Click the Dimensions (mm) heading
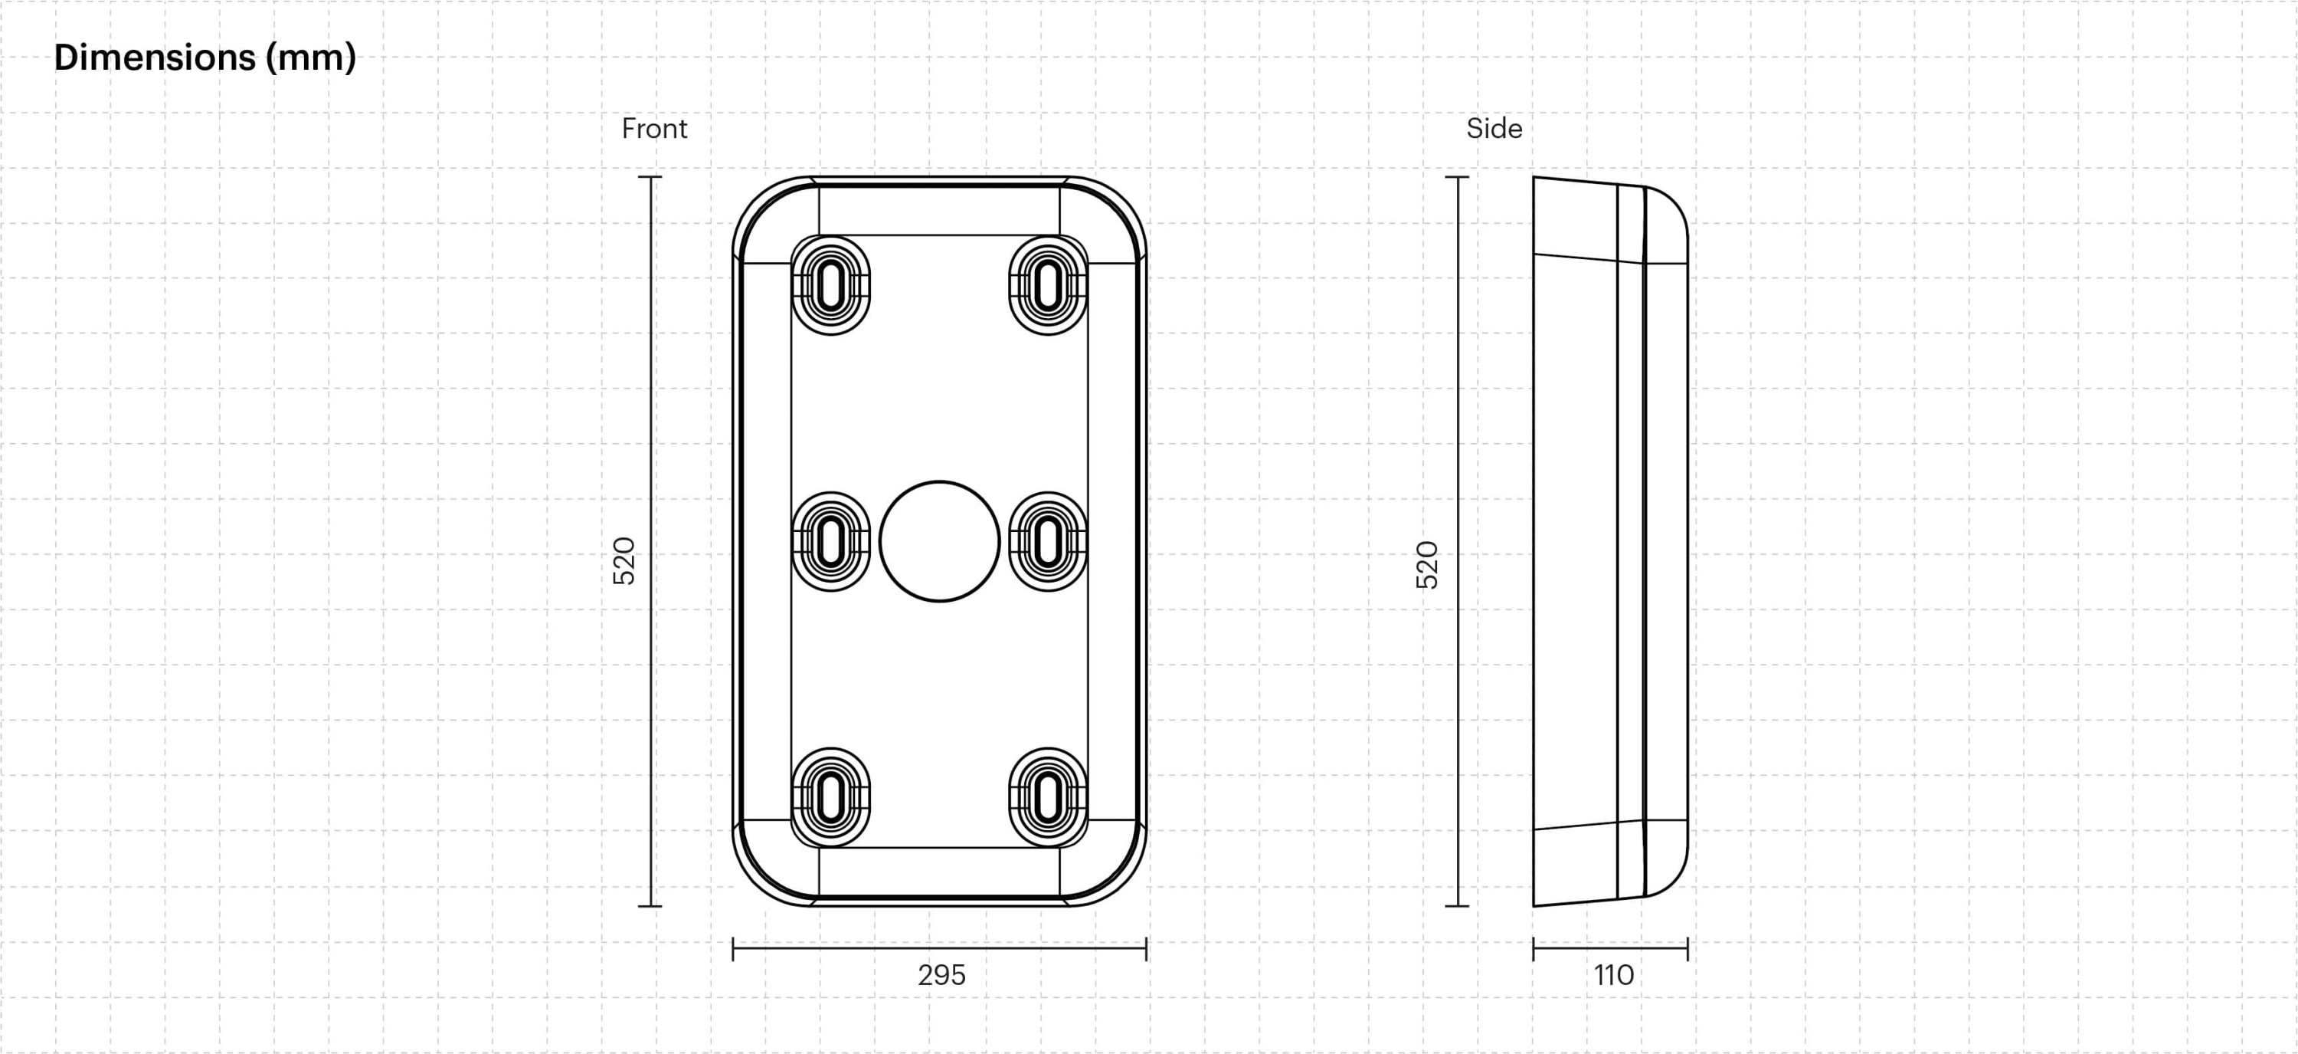[x=205, y=58]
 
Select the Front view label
[x=654, y=129]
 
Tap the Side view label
[x=1494, y=129]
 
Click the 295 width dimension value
[x=941, y=974]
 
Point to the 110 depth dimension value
[x=1614, y=974]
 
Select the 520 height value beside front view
[x=624, y=560]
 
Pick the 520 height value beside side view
[x=1427, y=564]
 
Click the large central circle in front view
[x=939, y=541]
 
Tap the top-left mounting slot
[x=830, y=286]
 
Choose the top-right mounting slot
[x=1048, y=286]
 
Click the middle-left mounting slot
[x=830, y=541]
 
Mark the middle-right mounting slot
[x=1048, y=541]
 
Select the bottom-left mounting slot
[x=830, y=797]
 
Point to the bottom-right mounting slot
[x=1048, y=797]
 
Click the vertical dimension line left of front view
[x=650, y=541]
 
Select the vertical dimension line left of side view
[x=1457, y=541]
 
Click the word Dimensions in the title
[x=154, y=58]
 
